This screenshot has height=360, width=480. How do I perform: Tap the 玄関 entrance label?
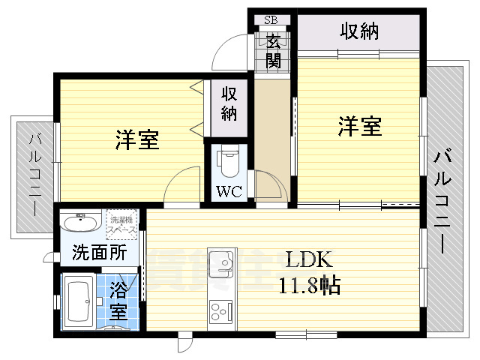tap(272, 50)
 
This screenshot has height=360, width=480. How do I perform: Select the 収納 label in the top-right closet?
tap(359, 31)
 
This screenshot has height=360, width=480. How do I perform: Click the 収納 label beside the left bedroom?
tap(228, 103)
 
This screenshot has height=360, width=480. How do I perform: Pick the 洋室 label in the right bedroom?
tap(359, 126)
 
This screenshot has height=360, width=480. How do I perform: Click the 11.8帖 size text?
tap(310, 285)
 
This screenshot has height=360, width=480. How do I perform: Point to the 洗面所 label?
tap(99, 253)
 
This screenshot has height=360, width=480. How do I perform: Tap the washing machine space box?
tap(121, 223)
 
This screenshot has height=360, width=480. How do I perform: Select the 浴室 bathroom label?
tap(118, 301)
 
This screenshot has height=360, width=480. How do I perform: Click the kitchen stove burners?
tap(221, 310)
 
